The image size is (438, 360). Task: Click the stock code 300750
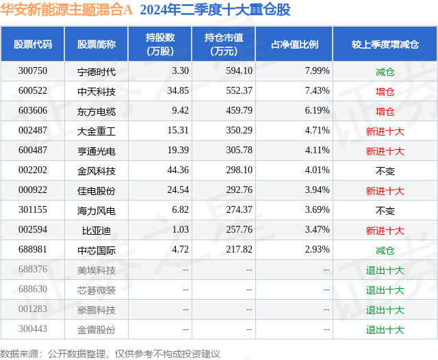click(33, 71)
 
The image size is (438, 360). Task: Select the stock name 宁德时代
click(96, 71)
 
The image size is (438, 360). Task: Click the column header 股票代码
click(33, 44)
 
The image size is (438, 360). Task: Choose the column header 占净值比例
click(299, 44)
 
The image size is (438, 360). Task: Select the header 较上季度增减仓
click(385, 44)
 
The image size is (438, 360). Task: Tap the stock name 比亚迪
click(96, 231)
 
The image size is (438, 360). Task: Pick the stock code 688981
click(33, 250)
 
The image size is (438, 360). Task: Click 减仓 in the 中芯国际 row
click(385, 250)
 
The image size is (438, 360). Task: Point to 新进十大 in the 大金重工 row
click(385, 131)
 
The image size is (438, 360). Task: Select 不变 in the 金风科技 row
click(385, 171)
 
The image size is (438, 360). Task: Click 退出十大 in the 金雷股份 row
click(385, 330)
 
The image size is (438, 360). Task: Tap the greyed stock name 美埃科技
click(96, 270)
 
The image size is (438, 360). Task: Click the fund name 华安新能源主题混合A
click(66, 10)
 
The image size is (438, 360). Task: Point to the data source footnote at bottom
click(110, 353)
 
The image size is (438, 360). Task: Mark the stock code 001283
click(33, 310)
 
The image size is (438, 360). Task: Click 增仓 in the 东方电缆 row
click(385, 111)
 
